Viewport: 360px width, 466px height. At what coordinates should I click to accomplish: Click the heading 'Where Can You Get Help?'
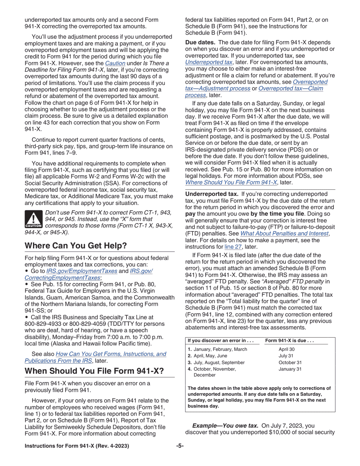[x=75, y=246]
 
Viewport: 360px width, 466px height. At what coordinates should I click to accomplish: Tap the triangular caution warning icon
[x=33, y=220]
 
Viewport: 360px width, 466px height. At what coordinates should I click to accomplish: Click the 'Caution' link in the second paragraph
[x=115, y=62]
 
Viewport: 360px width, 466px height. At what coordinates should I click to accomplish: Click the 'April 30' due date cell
[x=286, y=349]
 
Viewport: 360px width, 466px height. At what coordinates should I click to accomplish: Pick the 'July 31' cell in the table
[x=286, y=356]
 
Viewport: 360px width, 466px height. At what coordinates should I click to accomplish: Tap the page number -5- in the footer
[x=180, y=446]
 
